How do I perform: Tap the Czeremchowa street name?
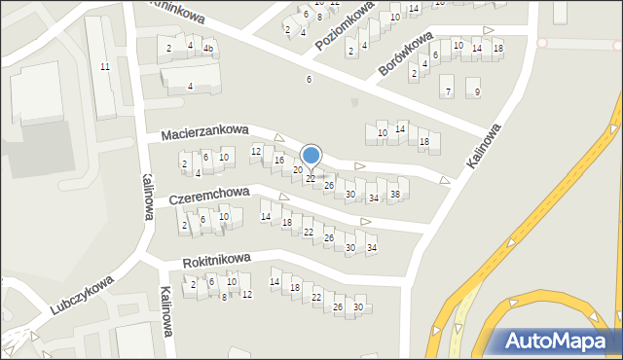pyautogui.click(x=209, y=196)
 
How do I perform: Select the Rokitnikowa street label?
pyautogui.click(x=217, y=260)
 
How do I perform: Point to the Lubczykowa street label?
pyautogui.click(x=81, y=294)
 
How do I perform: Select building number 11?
pyautogui.click(x=104, y=66)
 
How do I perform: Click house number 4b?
pyautogui.click(x=208, y=48)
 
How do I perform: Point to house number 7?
pyautogui.click(x=447, y=92)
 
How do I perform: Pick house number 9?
pyautogui.click(x=476, y=92)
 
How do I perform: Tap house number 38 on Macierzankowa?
pyautogui.click(x=394, y=195)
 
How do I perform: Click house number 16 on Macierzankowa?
pyautogui.click(x=279, y=160)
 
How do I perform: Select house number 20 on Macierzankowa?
pyautogui.click(x=298, y=170)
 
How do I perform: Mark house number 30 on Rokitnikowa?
pyautogui.click(x=358, y=307)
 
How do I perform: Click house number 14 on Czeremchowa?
pyautogui.click(x=266, y=216)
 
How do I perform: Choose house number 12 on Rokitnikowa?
pyautogui.click(x=246, y=294)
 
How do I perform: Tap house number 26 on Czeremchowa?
pyautogui.click(x=329, y=237)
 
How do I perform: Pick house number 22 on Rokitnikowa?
pyautogui.click(x=316, y=297)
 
